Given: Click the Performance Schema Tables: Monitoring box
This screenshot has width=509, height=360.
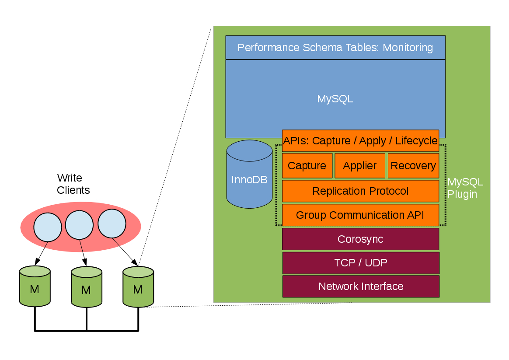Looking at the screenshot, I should coord(335,47).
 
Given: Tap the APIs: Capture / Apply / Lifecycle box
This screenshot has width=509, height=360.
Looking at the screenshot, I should coord(360,141).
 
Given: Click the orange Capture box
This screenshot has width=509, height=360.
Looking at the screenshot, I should coord(307,166).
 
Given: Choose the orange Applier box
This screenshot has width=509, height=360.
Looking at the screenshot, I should coord(360,166).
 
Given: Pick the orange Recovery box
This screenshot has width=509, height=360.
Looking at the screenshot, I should coord(413,166).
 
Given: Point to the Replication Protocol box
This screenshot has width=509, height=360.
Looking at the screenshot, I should coord(360,191).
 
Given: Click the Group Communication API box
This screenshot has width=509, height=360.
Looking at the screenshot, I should coord(360,215).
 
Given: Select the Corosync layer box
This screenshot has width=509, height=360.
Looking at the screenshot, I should coord(360,239).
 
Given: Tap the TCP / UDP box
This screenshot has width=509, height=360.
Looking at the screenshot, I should coord(360,263).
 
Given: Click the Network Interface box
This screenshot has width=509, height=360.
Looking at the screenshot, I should coord(360,287).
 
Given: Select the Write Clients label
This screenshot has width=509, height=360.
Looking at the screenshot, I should coord(73,184).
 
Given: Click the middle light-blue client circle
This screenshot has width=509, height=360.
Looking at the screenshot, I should coord(79,225).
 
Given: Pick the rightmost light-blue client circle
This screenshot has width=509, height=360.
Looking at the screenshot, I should coord(112,224).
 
